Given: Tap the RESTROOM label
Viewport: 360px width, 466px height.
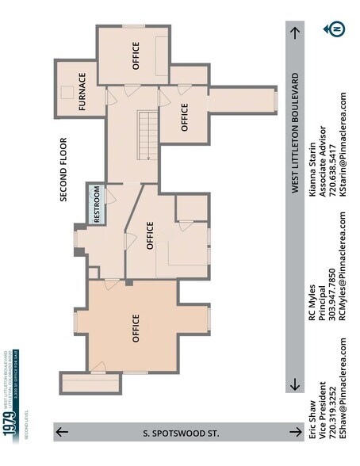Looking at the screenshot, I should (x=97, y=205).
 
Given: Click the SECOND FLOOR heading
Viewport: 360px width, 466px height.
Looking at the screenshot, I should (x=63, y=170).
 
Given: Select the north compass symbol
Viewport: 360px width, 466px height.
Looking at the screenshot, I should (x=336, y=29).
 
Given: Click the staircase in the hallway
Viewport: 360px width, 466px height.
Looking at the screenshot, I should (x=146, y=135).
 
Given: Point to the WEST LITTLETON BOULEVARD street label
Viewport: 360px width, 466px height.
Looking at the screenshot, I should (x=295, y=133).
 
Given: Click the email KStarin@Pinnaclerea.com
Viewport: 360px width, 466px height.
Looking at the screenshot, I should (x=343, y=155).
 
